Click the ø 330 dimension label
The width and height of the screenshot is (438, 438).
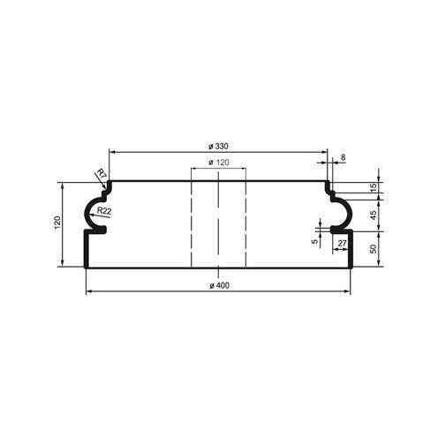(217, 146)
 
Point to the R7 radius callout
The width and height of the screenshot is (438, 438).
(102, 173)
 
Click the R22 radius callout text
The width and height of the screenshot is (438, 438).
(104, 210)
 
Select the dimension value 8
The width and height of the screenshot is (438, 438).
(342, 156)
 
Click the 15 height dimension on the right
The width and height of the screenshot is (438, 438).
(374, 187)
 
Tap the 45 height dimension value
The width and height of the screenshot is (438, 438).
(374, 213)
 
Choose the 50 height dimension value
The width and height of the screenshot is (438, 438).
(374, 250)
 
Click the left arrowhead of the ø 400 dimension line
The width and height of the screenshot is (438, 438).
(87, 292)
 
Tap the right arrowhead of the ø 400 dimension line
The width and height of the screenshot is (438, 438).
(348, 292)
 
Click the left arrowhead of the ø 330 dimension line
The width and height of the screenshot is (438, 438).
(112, 153)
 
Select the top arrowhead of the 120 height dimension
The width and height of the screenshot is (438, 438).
(61, 185)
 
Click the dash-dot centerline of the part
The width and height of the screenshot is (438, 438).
(217, 221)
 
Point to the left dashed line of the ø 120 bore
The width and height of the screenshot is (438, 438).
(192, 221)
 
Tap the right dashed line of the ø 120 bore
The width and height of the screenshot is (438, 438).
(245, 221)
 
